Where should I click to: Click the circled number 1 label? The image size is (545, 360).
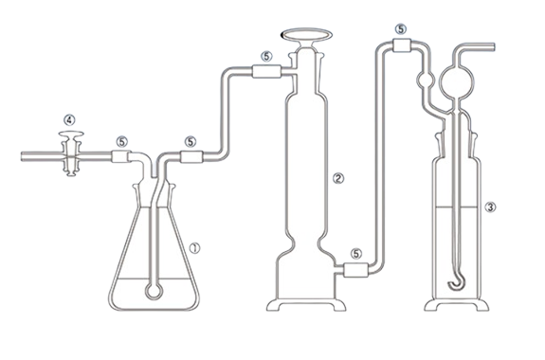pos(194,248)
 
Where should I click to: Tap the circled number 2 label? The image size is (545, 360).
pos(338,179)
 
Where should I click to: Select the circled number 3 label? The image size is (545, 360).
pos(490,207)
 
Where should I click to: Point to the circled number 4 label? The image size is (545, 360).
pos(69,120)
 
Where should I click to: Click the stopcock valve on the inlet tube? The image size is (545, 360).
pos(71,153)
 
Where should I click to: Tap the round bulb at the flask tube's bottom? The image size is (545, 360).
pos(154,291)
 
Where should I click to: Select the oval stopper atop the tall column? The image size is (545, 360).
pos(306,35)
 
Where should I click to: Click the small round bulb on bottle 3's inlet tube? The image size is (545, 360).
pos(425,81)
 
